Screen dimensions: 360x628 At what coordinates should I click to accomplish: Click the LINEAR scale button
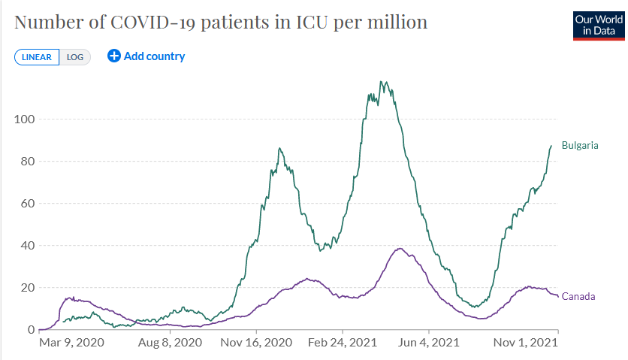pos(37,57)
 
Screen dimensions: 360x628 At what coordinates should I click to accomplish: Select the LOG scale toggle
pos(75,57)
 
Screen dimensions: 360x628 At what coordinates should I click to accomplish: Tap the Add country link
pos(154,56)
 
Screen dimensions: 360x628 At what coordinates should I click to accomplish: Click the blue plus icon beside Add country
pos(114,56)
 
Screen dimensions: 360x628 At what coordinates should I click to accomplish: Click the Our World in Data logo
pos(594,26)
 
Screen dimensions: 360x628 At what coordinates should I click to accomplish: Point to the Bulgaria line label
pos(580,145)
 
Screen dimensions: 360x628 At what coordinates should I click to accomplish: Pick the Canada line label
pos(578,296)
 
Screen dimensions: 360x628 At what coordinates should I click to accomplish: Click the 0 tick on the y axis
pos(31,329)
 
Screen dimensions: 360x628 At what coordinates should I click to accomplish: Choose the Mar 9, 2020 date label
pos(71,343)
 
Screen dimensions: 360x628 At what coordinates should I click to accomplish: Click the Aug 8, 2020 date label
pos(171,343)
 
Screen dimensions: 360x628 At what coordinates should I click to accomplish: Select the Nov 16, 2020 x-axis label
pos(257,343)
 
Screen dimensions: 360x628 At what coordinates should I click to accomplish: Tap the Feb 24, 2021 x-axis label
pos(343,343)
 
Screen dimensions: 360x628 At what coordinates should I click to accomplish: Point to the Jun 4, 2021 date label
pos(429,343)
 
